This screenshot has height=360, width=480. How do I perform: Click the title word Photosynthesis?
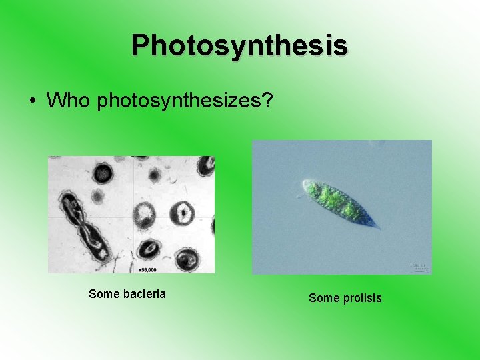(239, 45)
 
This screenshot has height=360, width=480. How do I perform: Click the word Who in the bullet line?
(69, 101)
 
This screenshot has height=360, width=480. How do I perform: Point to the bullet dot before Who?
(32, 101)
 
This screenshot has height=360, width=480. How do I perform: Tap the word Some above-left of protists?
(324, 298)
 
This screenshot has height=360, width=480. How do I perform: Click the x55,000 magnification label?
(147, 269)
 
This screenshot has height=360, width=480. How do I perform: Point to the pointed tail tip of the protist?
(379, 228)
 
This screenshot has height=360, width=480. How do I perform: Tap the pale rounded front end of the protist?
(305, 186)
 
